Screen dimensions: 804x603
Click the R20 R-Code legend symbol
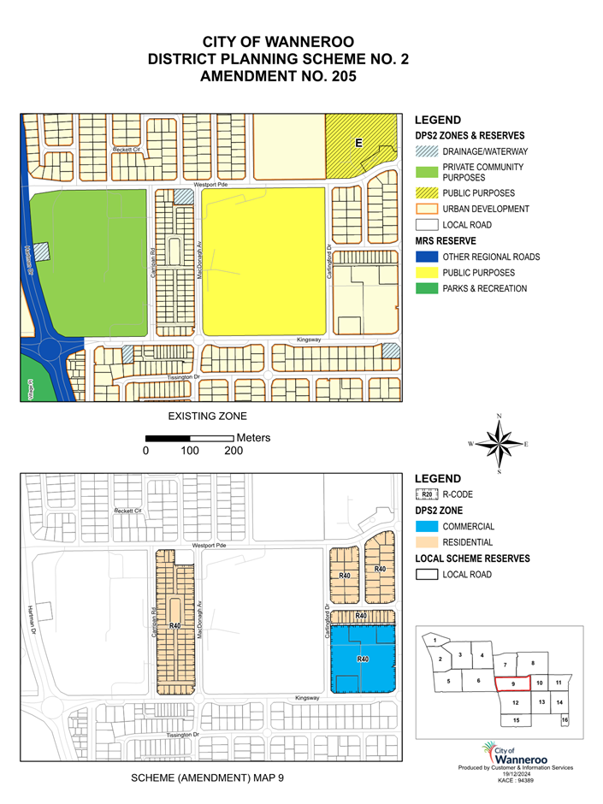click(x=426, y=494)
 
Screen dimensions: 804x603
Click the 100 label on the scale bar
click(x=189, y=451)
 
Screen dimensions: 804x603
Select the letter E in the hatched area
click(x=359, y=143)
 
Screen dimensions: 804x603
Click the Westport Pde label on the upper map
click(x=212, y=184)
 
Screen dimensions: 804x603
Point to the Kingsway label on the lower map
click(x=307, y=698)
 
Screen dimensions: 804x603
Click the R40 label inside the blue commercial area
click(x=362, y=659)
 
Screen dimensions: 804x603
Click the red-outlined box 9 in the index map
click(x=512, y=683)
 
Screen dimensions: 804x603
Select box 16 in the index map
click(x=565, y=720)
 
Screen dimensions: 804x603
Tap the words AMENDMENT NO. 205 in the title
click(x=277, y=75)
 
